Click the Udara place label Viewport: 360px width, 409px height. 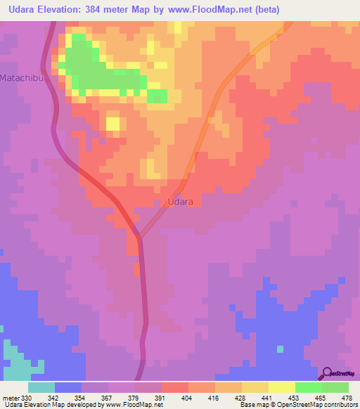[x=181, y=202]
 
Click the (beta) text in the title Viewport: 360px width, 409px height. [x=264, y=10]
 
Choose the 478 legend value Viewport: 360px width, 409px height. [x=347, y=398]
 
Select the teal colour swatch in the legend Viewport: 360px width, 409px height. [x=41, y=387]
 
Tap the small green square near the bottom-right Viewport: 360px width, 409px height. [x=280, y=349]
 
